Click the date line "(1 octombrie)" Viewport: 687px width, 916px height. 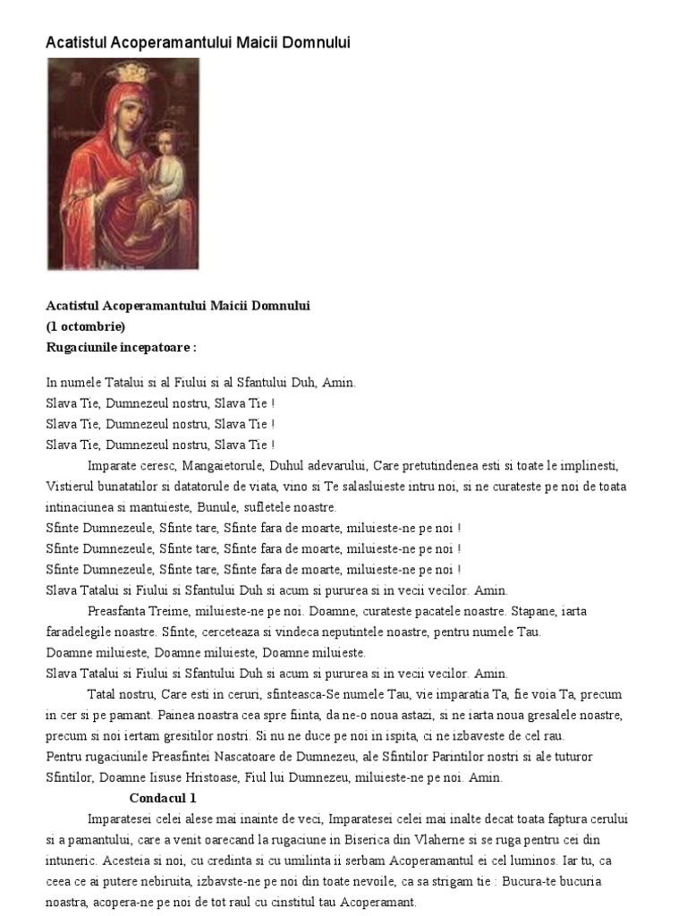(x=86, y=326)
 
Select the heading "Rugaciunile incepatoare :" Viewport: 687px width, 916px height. (x=121, y=346)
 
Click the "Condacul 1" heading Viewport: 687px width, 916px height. (x=163, y=798)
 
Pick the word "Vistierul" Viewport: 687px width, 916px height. (x=71, y=487)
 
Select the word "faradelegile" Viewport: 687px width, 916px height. (x=79, y=632)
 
